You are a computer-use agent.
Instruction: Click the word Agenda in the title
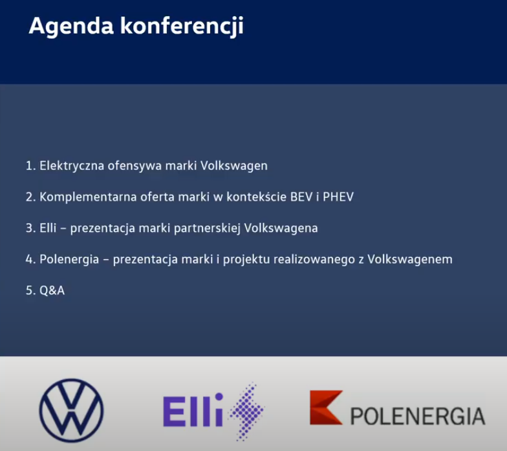click(71, 26)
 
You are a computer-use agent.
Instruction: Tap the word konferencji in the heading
click(182, 26)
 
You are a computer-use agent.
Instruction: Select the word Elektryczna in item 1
click(72, 165)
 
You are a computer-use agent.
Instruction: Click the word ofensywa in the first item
click(135, 165)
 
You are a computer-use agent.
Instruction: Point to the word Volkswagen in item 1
click(234, 165)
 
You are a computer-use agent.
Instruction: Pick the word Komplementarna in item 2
click(88, 196)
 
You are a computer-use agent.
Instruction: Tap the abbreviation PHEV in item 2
click(338, 196)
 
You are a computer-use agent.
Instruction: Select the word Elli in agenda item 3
click(48, 227)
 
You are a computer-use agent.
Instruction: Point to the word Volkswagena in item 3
click(281, 227)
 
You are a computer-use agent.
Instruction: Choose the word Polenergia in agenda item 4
click(69, 259)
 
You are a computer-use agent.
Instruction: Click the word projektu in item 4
click(246, 260)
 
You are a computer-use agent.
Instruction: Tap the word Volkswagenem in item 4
click(410, 259)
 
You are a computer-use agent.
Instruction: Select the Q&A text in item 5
click(52, 291)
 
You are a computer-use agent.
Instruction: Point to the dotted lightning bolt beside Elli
click(247, 411)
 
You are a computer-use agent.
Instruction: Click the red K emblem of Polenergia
click(326, 407)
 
